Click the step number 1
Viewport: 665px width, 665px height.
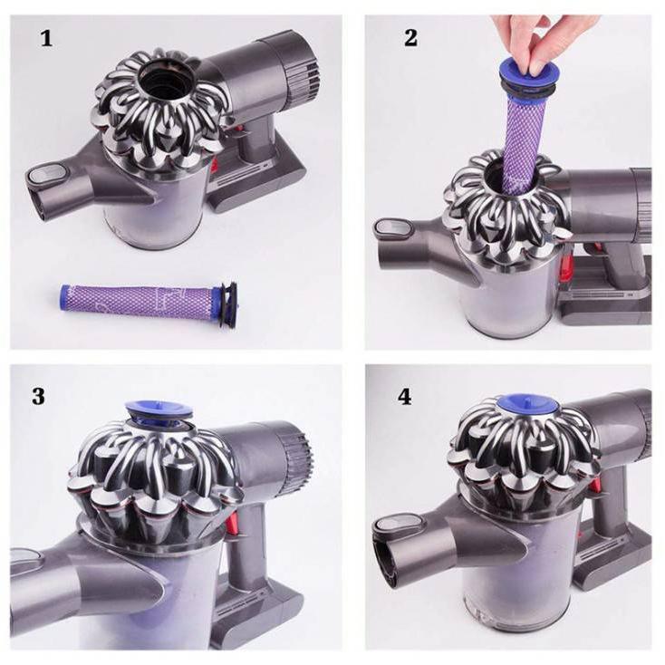46,38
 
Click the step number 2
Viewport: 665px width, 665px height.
410,37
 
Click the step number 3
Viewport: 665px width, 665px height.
38,396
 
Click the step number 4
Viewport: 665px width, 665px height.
405,397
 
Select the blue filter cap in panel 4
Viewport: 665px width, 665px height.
527,405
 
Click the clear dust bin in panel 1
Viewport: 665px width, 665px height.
155,212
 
